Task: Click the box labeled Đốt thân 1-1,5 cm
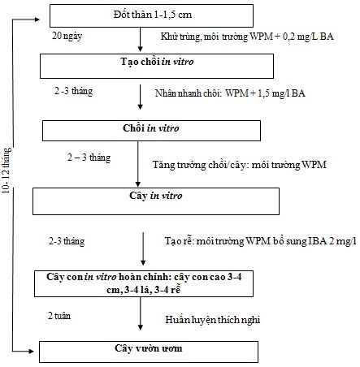pyautogui.click(x=151, y=15)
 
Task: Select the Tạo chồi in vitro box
pyautogui.click(x=157, y=67)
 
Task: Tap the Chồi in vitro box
pyautogui.click(x=151, y=131)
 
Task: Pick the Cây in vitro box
pyautogui.click(x=156, y=201)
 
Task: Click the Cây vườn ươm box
pyautogui.click(x=149, y=352)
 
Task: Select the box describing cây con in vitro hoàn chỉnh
pyautogui.click(x=144, y=283)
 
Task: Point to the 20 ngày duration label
pyautogui.click(x=67, y=36)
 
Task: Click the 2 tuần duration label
pyautogui.click(x=59, y=316)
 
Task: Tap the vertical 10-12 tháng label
pyautogui.click(x=7, y=171)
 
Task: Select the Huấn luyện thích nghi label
pyautogui.click(x=213, y=320)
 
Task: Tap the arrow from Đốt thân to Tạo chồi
pyautogui.click(x=140, y=39)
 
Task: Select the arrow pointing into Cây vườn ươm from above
pyautogui.click(x=141, y=313)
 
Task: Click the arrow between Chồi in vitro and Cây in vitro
pyautogui.click(x=138, y=164)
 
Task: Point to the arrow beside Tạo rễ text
pyautogui.click(x=143, y=248)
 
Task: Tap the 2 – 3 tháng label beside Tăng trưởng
pyautogui.click(x=89, y=158)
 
